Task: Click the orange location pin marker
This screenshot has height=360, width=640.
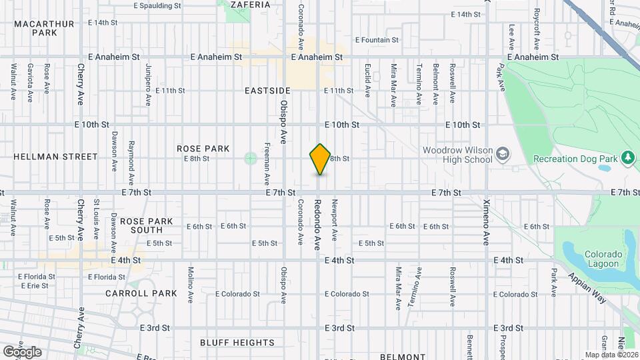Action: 321,159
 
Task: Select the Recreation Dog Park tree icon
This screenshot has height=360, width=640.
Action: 627,157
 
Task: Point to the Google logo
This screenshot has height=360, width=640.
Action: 22,351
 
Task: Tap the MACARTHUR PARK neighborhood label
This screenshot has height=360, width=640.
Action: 44,27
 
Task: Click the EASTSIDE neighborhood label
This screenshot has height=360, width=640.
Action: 267,90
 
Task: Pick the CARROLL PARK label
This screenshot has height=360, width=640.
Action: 141,293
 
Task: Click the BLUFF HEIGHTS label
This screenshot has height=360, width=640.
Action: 237,343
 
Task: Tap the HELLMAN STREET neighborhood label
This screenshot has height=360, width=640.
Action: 55,157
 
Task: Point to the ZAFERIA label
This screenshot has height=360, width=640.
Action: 250,5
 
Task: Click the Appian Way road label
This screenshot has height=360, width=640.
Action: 587,288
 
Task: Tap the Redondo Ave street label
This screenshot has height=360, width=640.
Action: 318,219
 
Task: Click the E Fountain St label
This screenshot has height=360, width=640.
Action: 377,40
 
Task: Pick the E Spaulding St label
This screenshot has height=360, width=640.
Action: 157,5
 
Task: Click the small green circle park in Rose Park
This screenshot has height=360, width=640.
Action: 250,158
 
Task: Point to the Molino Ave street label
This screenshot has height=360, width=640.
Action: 191,283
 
